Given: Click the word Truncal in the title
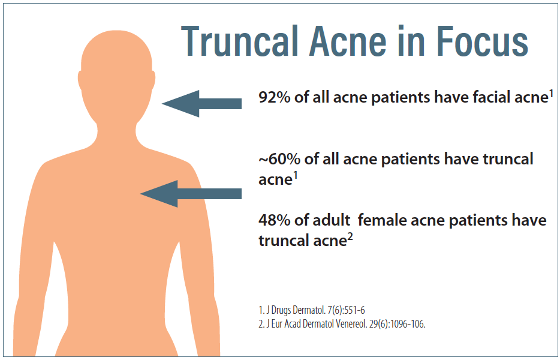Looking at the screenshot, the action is coord(239,41).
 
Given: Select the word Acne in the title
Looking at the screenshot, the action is coord(348,41).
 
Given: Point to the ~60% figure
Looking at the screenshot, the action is coord(279,159).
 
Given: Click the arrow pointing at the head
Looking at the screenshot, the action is coord(202,104).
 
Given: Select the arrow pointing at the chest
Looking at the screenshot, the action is coord(191,194).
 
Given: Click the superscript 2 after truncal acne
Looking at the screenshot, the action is coord(350,238).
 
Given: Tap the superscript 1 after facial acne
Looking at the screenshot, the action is coord(551,94).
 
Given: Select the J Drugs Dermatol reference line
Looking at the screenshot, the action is coord(312,310).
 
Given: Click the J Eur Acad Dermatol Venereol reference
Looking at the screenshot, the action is coord(342,324).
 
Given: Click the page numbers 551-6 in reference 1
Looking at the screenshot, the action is coord(354,310).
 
